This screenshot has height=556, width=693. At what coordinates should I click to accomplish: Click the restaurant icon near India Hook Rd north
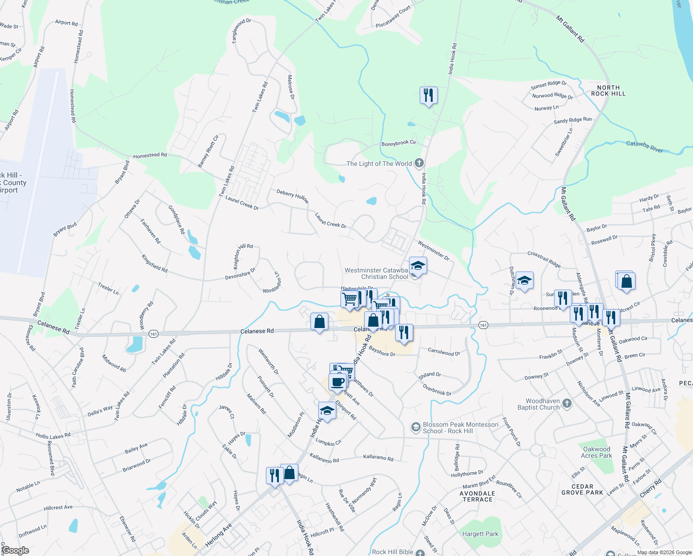[428, 95]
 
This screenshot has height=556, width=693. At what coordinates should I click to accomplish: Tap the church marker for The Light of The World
[419, 163]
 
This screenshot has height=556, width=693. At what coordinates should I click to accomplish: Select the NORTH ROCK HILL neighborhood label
[608, 90]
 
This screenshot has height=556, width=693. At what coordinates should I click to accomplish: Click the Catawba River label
[644, 146]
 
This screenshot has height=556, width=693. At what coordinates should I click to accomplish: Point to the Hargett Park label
[480, 534]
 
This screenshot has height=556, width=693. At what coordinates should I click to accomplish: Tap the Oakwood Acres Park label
[597, 452]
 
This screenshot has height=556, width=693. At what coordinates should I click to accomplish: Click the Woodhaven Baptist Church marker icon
[567, 404]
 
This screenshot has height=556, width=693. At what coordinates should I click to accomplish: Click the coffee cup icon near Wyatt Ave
[338, 382]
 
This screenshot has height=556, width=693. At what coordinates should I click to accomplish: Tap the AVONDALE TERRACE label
[478, 496]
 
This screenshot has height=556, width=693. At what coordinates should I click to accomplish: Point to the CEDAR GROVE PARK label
[582, 489]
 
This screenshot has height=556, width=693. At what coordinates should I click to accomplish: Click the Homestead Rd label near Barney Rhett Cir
[150, 156]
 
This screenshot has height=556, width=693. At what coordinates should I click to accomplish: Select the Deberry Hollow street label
[293, 196]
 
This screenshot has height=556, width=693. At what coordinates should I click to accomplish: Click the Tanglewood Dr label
[241, 31]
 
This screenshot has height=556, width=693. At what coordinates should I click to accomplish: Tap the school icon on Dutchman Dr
[524, 281]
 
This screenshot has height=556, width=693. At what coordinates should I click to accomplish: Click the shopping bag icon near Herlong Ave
[290, 473]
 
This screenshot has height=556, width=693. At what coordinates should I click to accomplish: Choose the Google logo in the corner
[15, 550]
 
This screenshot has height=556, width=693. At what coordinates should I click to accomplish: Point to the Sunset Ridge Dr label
[548, 84]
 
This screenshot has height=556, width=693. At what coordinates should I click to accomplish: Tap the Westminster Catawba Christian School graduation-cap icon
[418, 266]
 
